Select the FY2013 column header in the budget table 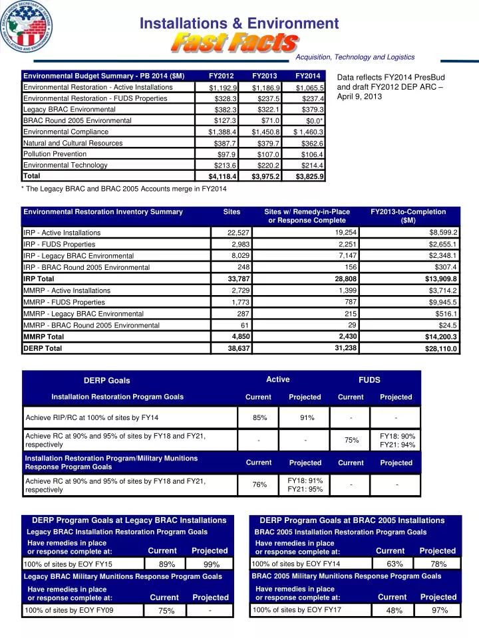[264, 75]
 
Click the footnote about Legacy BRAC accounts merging [125, 189]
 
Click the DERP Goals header [106, 381]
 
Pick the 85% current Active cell [259, 418]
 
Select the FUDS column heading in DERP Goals [369, 380]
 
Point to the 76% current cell [259, 485]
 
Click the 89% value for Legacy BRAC [167, 564]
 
